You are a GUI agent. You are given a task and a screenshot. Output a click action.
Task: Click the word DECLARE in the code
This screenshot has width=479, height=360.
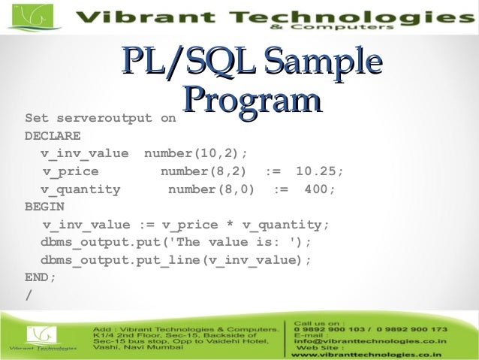(53, 137)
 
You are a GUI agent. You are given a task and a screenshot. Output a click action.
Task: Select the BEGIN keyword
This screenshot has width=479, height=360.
(44, 207)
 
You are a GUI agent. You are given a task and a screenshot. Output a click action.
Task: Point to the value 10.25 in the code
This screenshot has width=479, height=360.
(319, 171)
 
